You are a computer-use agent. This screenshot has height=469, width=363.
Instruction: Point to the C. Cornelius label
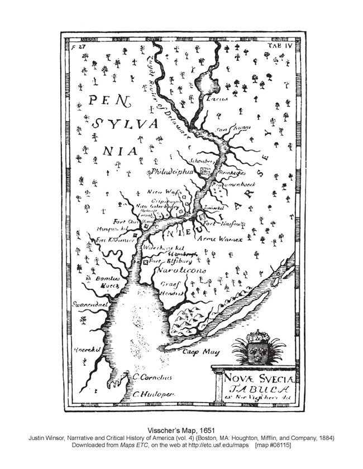click(x=152, y=377)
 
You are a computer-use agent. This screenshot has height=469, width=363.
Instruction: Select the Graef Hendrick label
click(x=168, y=288)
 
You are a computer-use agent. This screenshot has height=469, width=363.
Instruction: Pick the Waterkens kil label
click(x=164, y=247)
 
